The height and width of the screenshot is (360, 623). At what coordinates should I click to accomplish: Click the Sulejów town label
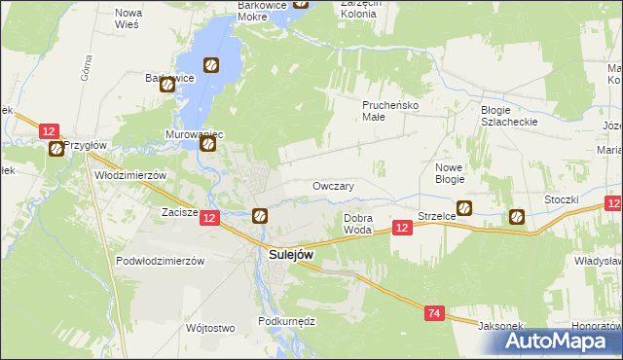[x=291, y=254]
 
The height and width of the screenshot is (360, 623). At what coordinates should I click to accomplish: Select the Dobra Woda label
[x=357, y=224]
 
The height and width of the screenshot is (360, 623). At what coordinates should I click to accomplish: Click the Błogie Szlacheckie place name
[x=509, y=115]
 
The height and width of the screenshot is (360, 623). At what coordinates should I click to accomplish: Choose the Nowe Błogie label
[x=449, y=173]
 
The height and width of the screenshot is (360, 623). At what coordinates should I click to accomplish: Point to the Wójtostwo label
[x=210, y=328]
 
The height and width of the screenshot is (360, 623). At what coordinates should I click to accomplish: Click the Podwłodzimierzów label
[x=160, y=261]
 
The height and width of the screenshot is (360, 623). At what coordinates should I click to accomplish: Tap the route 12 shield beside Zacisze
[x=210, y=220]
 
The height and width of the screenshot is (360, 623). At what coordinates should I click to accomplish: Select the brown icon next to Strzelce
[x=464, y=207]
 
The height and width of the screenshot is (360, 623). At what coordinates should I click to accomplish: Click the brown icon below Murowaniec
[x=208, y=145]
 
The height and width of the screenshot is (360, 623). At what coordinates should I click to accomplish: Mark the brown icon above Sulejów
[x=260, y=216]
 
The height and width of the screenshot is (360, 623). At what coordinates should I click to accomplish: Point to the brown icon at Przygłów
[x=56, y=149]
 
